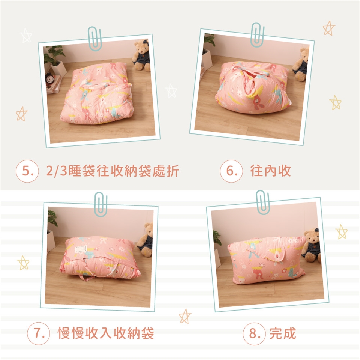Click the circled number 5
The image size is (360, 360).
(27, 171)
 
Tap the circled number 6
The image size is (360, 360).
(231, 171)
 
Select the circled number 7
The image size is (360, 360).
(38, 333)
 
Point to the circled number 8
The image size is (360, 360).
(254, 334)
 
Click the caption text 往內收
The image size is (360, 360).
(270, 171)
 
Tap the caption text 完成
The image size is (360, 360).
(283, 333)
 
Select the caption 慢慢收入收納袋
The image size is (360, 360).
(106, 333)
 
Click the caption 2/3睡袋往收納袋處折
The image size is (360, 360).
(112, 171)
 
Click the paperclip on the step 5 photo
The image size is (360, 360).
(94, 39)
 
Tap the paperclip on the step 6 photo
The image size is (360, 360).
(257, 35)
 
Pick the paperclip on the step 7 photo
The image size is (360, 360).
(101, 204)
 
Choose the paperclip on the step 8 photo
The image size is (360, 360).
(263, 202)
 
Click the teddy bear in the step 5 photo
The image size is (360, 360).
(141, 55)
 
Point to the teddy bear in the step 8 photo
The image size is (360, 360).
(312, 245)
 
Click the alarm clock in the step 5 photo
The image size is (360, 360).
(49, 78)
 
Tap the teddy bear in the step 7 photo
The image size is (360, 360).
(146, 240)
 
